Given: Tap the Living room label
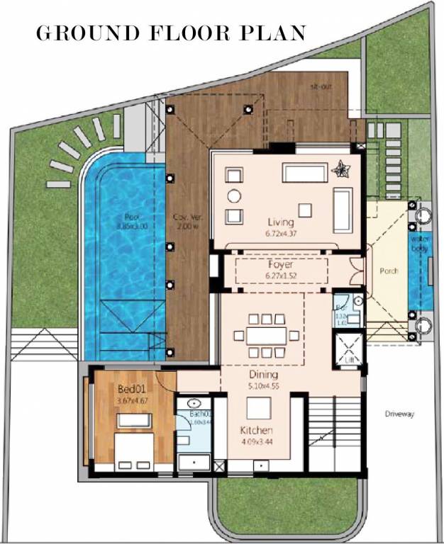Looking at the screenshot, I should click(281, 222).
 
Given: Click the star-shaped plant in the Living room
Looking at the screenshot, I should click(343, 169).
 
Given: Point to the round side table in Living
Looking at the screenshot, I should click(234, 195).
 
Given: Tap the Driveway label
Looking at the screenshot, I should click(399, 414).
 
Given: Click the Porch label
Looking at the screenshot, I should click(389, 271).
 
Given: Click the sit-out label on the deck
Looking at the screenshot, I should click(321, 87).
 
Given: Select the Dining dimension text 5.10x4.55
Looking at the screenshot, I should click(264, 387).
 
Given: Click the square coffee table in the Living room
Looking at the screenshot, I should click(306, 209).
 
